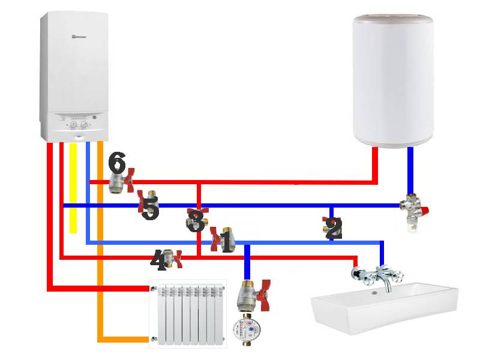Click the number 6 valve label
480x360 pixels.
(118, 162)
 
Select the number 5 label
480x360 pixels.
(150, 210)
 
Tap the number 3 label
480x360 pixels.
(194, 221)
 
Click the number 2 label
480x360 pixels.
(333, 229)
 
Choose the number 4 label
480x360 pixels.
(158, 260)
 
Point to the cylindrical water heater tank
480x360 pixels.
(393, 81)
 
